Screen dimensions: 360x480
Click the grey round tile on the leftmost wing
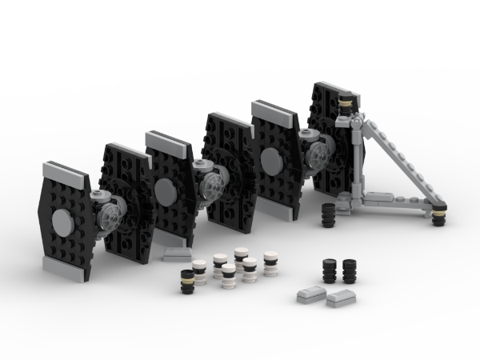click(x=62, y=222)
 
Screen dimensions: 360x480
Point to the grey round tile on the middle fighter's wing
click(x=166, y=190)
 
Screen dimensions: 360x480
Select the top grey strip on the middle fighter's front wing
click(x=169, y=141)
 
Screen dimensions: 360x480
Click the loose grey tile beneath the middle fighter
click(x=178, y=254)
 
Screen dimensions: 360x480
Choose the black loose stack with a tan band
click(x=188, y=281)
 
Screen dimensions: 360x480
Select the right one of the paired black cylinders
click(x=350, y=270)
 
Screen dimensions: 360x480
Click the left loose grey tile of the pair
click(x=310, y=294)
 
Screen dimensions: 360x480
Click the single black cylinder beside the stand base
click(x=327, y=214)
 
